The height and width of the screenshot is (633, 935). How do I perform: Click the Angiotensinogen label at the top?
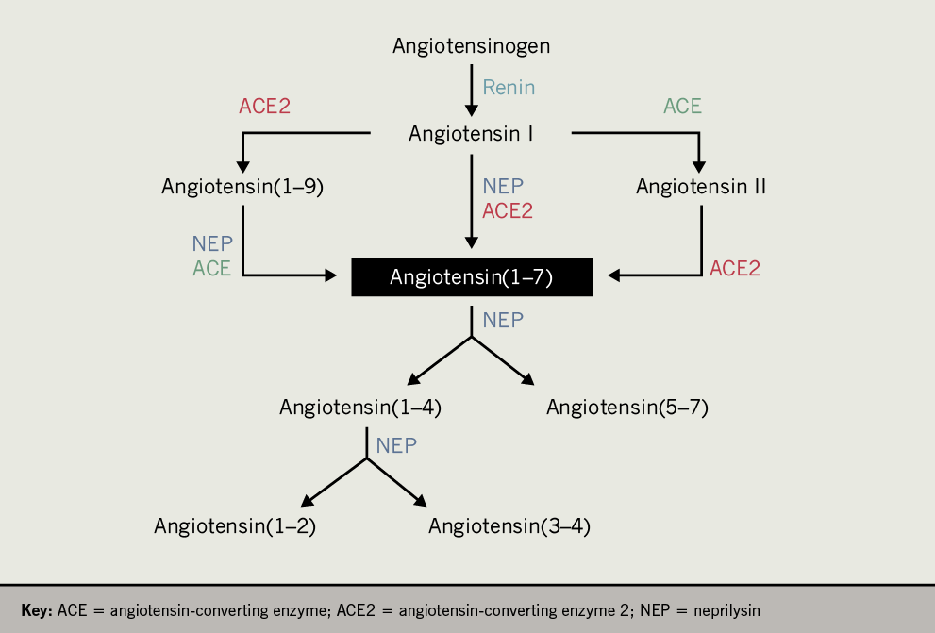point(471,45)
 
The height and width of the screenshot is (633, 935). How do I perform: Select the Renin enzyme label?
point(509,88)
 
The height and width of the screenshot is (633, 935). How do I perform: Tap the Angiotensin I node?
point(471,134)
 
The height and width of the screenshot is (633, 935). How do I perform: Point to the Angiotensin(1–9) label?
point(242,187)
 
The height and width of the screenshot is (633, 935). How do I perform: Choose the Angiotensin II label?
point(700,187)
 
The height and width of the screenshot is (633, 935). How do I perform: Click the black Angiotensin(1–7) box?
point(472,277)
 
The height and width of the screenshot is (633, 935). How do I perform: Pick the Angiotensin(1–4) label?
point(360,408)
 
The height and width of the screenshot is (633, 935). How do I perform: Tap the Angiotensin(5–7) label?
point(626,408)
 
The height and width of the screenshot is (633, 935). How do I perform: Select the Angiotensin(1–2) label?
point(235,526)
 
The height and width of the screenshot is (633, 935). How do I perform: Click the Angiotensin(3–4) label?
point(509,526)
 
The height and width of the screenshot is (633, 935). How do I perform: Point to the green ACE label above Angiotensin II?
point(682,107)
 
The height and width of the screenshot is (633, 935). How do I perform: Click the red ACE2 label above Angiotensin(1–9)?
point(264,107)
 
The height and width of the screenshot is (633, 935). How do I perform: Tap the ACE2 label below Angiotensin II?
point(735,269)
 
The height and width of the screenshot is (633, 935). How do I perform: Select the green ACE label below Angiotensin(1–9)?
point(211,269)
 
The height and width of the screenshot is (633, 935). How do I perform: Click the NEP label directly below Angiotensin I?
point(503,187)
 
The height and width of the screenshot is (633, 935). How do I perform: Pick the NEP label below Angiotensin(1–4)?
point(396,446)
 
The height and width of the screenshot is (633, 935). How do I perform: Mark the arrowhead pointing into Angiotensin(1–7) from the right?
point(614,275)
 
